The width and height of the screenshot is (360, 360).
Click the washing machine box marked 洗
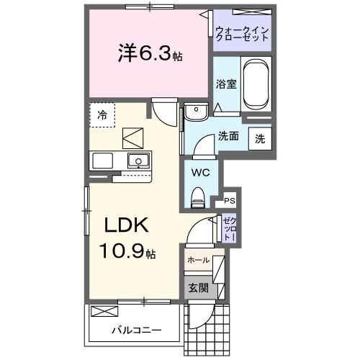[260, 138]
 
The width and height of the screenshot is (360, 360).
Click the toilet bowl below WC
[198, 194]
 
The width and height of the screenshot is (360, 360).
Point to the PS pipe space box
[230, 201]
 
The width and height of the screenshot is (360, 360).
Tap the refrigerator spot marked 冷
[103, 114]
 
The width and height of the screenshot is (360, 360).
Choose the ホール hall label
[198, 260]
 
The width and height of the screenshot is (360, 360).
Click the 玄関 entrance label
[198, 287]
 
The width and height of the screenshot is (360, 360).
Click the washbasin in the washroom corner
[194, 112]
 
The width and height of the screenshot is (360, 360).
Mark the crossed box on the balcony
[105, 311]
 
